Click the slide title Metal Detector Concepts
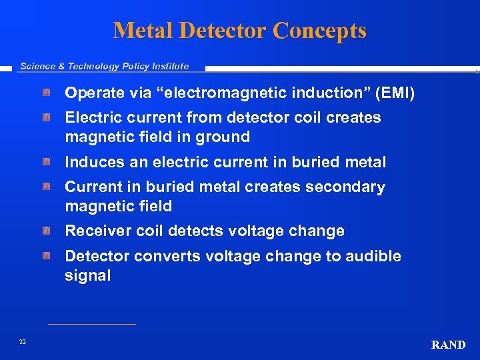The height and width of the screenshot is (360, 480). [239, 31]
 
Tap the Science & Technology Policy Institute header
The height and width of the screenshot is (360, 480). [105, 66]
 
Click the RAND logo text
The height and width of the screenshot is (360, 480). [448, 345]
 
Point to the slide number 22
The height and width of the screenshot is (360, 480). [23, 342]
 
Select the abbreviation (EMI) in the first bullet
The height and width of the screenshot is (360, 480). [395, 93]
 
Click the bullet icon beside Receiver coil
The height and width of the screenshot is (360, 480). [47, 231]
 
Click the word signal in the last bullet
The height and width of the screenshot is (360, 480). [87, 276]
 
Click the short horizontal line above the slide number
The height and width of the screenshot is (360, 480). [91, 325]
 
